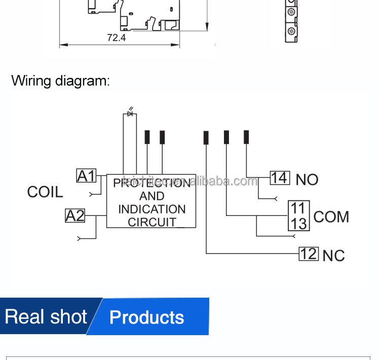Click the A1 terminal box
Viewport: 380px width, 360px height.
[86, 176]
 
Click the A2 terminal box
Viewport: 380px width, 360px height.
[75, 215]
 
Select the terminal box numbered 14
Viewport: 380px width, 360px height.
[279, 178]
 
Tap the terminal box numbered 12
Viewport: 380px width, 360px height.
[309, 254]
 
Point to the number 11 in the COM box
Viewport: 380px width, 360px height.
[298, 208]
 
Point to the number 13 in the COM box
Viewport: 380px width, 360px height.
[298, 223]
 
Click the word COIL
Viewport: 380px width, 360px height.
[45, 192]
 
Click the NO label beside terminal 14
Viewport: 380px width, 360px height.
[307, 179]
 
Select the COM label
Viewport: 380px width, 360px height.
[331, 217]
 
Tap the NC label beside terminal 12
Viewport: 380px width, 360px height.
[333, 256]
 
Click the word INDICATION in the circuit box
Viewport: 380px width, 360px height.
[151, 209]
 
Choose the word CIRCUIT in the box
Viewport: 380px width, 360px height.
[152, 222]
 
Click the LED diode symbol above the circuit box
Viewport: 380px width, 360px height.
[130, 113]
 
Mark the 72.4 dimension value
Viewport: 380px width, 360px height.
[117, 38]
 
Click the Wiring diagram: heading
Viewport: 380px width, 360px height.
[60, 81]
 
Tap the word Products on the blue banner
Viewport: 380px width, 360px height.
[146, 317]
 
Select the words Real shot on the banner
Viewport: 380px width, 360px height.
[46, 317]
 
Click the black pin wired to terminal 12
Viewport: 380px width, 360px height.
[206, 137]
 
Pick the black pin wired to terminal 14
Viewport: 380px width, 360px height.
[246, 137]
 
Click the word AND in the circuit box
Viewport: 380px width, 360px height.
[151, 196]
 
